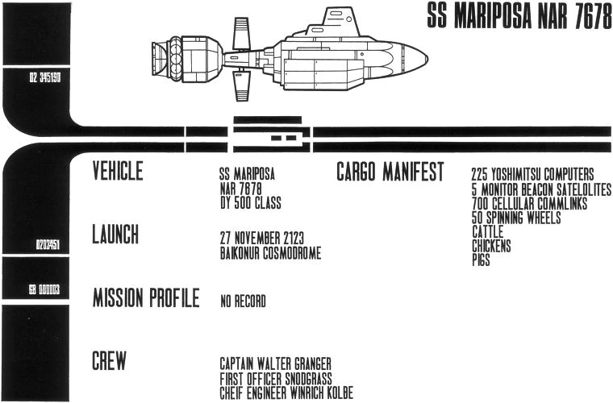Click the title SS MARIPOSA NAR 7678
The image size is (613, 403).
point(519,19)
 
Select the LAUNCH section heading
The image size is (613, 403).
point(115,235)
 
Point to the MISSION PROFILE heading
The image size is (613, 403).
point(146,298)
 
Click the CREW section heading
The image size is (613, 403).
point(109,362)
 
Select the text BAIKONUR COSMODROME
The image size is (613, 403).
point(270,253)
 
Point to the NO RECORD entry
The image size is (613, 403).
point(243,302)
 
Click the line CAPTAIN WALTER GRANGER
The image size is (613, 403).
point(275,364)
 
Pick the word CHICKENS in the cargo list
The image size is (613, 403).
point(491,247)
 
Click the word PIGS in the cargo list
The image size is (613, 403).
point(482,260)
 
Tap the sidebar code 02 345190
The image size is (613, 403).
point(35,79)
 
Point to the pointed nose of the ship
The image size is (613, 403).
point(423,56)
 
